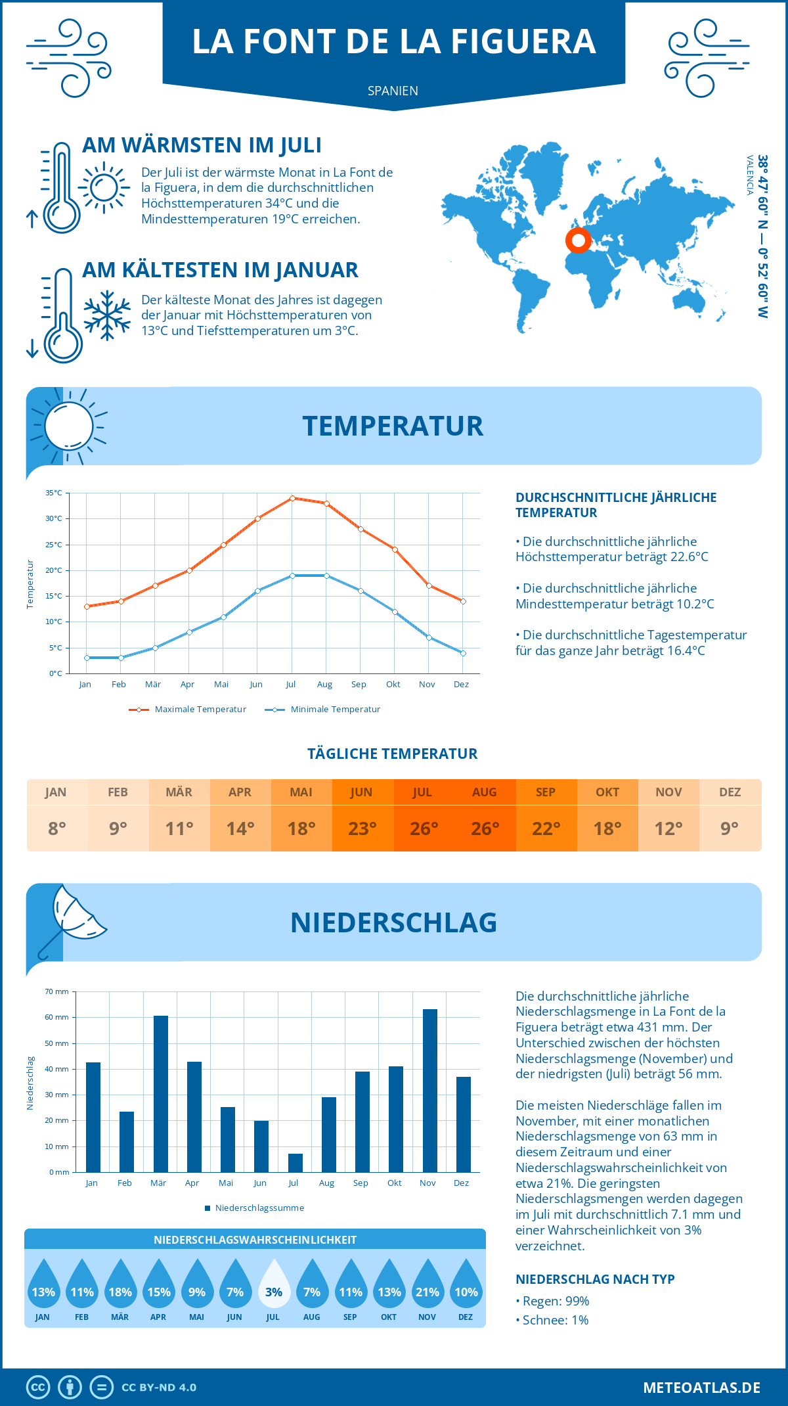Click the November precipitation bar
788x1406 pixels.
pyautogui.click(x=429, y=1091)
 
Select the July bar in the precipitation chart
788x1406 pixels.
pyautogui.click(x=295, y=1163)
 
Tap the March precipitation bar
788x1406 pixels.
pyautogui.click(x=161, y=1094)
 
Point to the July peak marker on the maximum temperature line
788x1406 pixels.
pyautogui.click(x=292, y=498)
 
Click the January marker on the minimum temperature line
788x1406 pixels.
pyautogui.click(x=87, y=658)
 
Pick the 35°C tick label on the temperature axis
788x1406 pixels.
pyautogui.click(x=54, y=493)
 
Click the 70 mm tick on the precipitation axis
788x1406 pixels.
pyautogui.click(x=57, y=991)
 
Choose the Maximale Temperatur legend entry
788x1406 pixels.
pyautogui.click(x=188, y=710)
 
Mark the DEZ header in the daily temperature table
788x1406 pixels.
pyautogui.click(x=730, y=792)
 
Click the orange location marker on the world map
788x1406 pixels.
pyautogui.click(x=579, y=240)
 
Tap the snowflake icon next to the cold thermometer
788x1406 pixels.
pyautogui.click(x=107, y=315)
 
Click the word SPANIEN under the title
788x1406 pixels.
pyautogui.click(x=393, y=91)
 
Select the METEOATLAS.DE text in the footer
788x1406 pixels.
pyautogui.click(x=701, y=1388)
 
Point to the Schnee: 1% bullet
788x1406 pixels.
pyautogui.click(x=552, y=1321)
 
